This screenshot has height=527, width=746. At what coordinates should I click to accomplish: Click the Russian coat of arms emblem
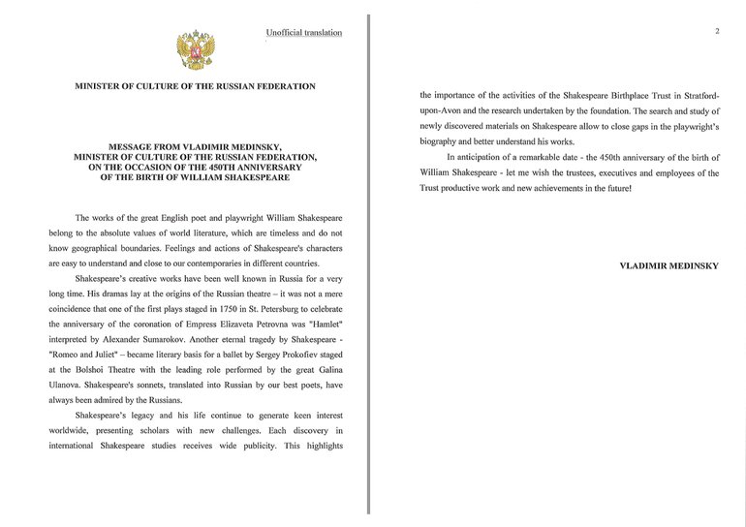coord(195,48)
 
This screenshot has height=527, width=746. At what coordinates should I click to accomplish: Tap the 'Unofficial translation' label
coord(304,33)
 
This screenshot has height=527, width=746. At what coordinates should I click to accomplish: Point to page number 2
coord(717,31)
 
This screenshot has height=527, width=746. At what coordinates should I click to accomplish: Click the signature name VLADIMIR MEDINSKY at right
coord(668,265)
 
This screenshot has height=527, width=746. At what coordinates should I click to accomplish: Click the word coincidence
coord(75,310)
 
